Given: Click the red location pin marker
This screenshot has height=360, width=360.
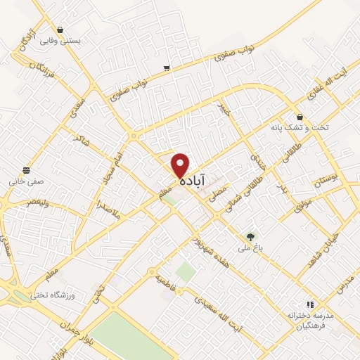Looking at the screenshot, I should (x=181, y=165).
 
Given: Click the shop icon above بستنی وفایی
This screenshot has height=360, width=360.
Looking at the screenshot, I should (x=60, y=30).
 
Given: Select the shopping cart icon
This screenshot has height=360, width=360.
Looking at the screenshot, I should (x=167, y=68).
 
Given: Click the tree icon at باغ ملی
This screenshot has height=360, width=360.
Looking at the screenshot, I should (x=250, y=237).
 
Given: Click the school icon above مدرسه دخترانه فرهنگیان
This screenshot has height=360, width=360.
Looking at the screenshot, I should (x=309, y=304).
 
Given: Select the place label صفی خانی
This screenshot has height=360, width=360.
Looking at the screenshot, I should (x=26, y=181).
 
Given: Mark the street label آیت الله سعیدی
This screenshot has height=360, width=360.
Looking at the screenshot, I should (x=237, y=314).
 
